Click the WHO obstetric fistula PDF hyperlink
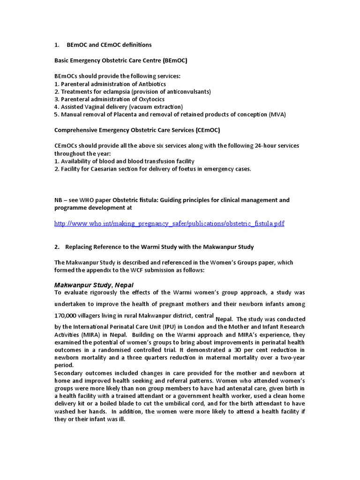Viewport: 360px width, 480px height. pos(169,224)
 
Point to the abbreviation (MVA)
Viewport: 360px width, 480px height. pos(277,114)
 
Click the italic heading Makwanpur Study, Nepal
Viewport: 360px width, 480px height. pos(94,285)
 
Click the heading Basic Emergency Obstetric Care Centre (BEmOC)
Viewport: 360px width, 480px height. pos(121,61)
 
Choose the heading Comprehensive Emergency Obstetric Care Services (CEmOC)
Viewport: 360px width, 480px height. pos(137,130)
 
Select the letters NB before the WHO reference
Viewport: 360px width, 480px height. pos(59,200)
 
